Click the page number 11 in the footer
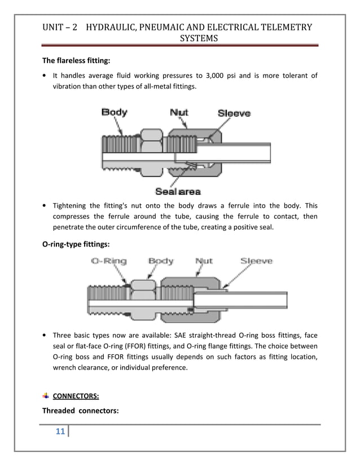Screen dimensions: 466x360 59,432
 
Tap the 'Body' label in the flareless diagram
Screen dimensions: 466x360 114,112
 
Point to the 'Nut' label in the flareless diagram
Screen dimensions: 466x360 179,112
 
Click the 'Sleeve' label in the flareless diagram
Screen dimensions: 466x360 234,113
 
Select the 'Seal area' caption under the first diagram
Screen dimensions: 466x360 178,192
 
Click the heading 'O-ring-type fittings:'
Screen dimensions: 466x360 76,245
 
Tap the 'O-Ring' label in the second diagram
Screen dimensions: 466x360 109,261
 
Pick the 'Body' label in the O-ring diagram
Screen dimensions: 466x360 161,261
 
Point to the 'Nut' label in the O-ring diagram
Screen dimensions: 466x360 204,261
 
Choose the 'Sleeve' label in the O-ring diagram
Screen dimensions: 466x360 256,261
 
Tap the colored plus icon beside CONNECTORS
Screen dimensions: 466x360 46,395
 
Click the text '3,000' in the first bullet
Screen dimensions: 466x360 215,76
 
